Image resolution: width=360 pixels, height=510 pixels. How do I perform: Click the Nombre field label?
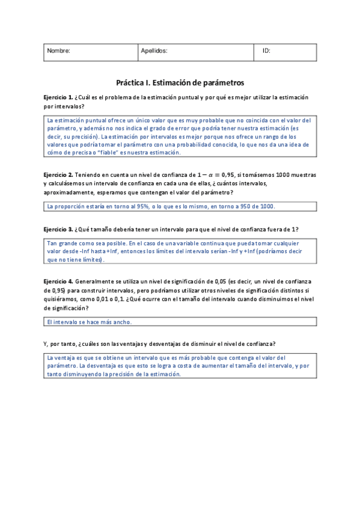click(x=59, y=52)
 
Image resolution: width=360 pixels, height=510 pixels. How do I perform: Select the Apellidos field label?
click(x=154, y=52)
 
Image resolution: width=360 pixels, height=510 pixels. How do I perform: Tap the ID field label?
click(x=266, y=52)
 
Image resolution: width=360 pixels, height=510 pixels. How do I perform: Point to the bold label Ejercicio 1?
click(x=58, y=97)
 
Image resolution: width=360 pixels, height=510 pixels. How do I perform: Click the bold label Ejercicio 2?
click(x=58, y=174)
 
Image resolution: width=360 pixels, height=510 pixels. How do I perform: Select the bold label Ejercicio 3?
click(x=58, y=230)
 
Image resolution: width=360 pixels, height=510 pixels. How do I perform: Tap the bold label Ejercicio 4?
click(x=58, y=281)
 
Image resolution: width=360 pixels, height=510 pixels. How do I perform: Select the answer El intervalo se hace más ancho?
click(x=89, y=322)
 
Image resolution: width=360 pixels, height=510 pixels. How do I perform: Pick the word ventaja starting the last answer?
click(x=66, y=357)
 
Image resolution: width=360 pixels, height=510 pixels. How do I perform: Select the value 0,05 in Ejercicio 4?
click(x=223, y=281)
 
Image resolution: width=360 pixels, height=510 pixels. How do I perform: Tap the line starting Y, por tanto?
click(x=160, y=343)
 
